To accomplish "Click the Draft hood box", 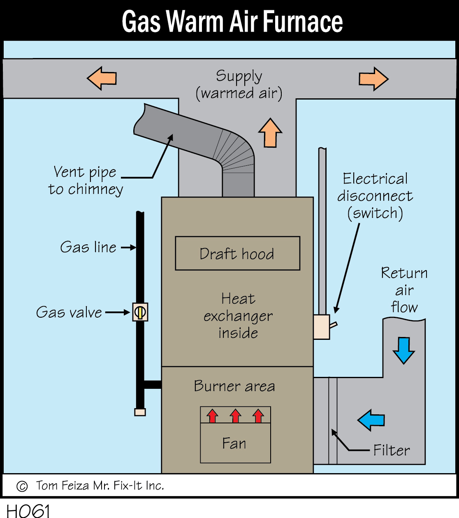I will click(237, 253).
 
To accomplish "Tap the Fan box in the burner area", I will click(235, 443).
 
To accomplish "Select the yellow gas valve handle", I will click(140, 312).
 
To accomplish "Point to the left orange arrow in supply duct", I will click(102, 78).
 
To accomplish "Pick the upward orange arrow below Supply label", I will click(270, 132).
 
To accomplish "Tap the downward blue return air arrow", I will click(403, 350).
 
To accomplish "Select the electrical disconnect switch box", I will click(322, 327).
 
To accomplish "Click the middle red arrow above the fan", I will click(236, 416).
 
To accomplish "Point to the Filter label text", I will click(391, 450).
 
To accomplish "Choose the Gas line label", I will click(88, 247).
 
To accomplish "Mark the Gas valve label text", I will click(69, 312).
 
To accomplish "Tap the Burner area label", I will click(234, 386).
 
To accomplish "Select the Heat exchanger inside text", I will click(238, 316).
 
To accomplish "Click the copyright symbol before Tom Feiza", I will click(22, 486).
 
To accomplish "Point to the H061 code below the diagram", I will click(28, 511).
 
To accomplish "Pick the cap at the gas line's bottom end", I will click(140, 412).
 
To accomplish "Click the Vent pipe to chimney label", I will click(86, 180).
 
